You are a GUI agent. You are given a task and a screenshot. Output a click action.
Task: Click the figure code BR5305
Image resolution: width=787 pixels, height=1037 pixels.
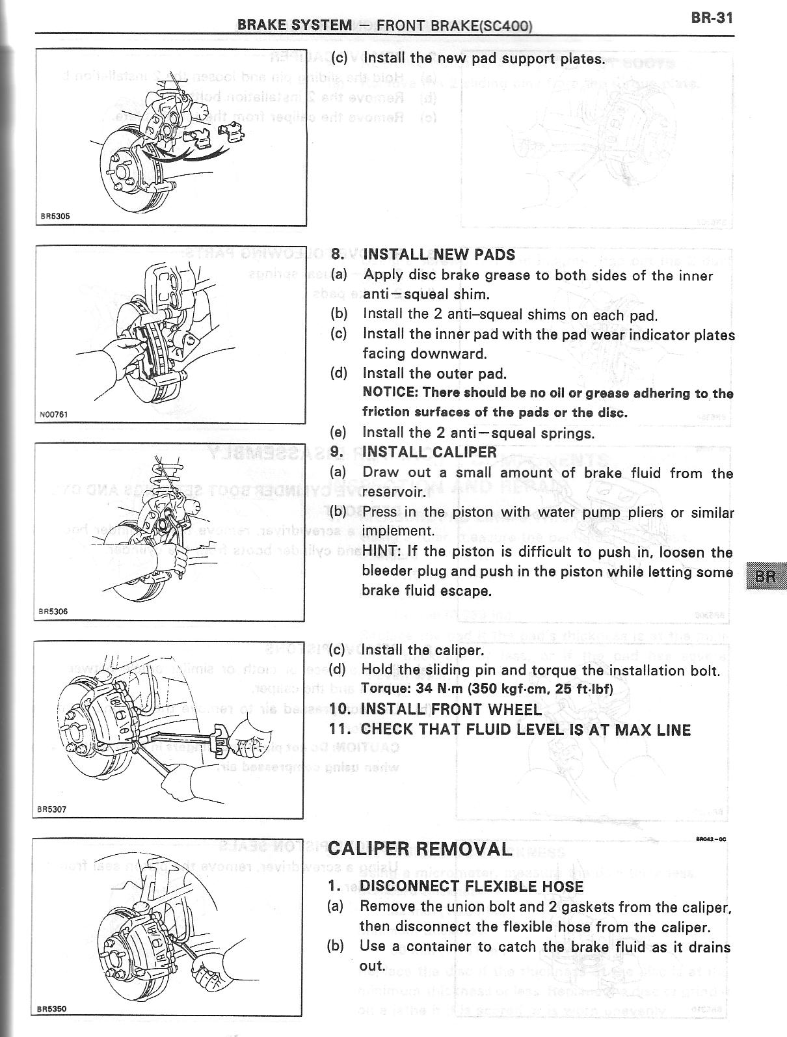pyautogui.click(x=50, y=217)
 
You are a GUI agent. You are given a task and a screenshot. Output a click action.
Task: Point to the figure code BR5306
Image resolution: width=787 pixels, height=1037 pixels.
pyautogui.click(x=53, y=611)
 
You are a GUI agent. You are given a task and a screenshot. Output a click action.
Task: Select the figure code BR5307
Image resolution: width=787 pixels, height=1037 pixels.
pyautogui.click(x=51, y=809)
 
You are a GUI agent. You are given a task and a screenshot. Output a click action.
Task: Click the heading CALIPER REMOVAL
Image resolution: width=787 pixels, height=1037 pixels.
pyautogui.click(x=420, y=849)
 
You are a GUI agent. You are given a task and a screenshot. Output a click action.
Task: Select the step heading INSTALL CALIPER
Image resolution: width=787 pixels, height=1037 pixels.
pyautogui.click(x=429, y=452)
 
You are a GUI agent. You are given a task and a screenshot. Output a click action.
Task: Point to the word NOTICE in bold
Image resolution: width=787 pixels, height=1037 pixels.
pyautogui.click(x=388, y=393)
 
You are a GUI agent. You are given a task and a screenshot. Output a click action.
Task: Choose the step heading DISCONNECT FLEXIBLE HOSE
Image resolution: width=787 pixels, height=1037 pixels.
pyautogui.click(x=472, y=886)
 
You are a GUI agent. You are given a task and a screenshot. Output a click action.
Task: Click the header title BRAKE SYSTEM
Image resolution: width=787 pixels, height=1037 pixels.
pyautogui.click(x=294, y=25)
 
